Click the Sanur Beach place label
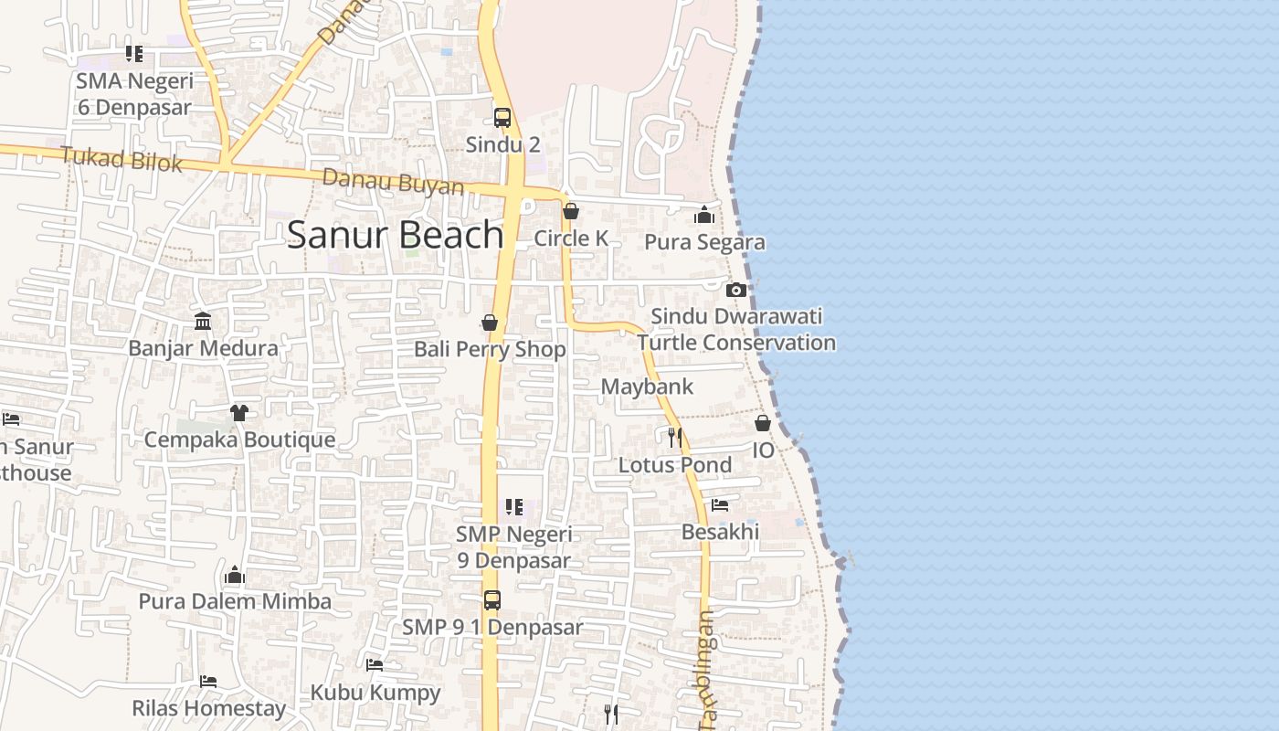coord(395,235)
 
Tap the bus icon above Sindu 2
coord(502,118)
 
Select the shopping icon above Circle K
coord(571,212)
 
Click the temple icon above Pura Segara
coord(704,216)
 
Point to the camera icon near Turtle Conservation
coord(735,291)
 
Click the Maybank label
coord(647,387)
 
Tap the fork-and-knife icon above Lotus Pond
coord(675,438)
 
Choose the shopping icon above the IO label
coord(763,423)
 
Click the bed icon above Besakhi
coord(720,504)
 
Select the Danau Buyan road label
coord(393,182)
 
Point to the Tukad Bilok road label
coord(122,160)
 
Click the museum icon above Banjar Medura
coord(203,322)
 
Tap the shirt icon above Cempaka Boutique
coord(239,413)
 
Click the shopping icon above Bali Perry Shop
coord(490,323)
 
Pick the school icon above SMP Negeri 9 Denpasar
coord(514,507)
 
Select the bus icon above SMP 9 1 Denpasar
coord(492,600)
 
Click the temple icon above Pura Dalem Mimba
coord(235,575)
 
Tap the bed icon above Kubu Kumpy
coord(375,665)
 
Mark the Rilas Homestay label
coord(209,708)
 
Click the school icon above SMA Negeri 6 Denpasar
coord(134,54)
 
